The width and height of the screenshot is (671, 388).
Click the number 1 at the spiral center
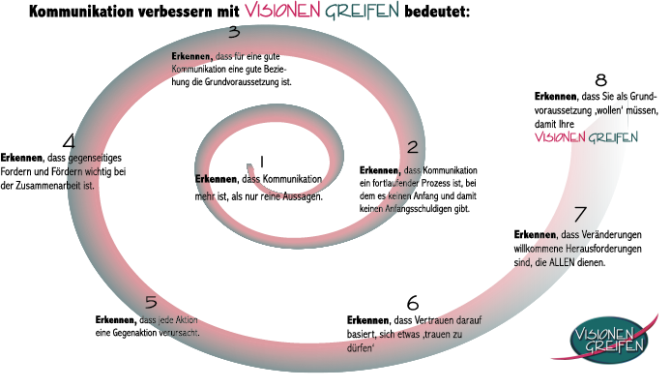(261, 162)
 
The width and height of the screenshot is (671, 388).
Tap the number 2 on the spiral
(413, 147)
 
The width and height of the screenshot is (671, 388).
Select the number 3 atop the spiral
(234, 32)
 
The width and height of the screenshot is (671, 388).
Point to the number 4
(69, 141)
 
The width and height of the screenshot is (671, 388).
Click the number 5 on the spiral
(151, 302)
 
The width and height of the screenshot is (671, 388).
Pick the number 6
(413, 303)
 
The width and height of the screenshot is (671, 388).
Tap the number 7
(580, 214)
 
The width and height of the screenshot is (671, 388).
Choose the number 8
(600, 80)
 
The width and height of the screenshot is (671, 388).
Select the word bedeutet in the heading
(437, 12)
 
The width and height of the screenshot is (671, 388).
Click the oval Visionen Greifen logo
(609, 340)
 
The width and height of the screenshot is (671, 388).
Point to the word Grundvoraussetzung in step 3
(242, 81)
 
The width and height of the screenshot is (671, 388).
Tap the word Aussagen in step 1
(303, 197)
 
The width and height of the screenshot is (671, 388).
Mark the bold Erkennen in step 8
(555, 97)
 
